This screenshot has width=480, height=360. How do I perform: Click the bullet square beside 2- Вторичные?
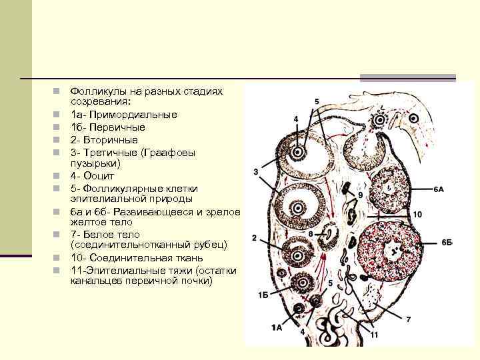coord(58,140)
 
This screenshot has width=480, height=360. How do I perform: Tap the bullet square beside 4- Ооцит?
coord(58,176)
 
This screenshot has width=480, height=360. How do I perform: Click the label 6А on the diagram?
coord(438,190)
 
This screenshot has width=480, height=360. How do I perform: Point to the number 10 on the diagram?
coord(417,215)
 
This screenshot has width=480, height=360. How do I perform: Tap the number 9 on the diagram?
coord(360,195)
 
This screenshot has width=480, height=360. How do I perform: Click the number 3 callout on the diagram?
coord(255,172)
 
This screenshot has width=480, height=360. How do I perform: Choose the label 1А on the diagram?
coord(277,327)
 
